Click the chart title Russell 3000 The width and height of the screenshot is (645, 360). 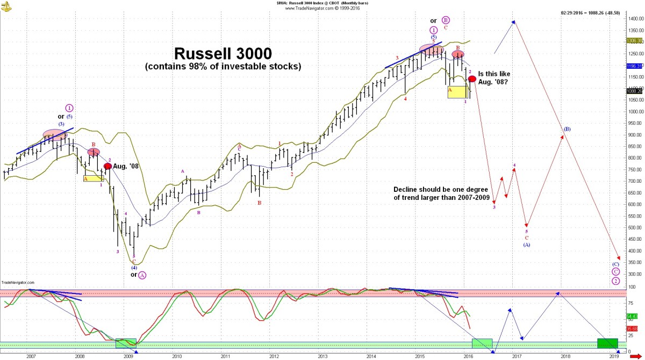(x=223, y=54)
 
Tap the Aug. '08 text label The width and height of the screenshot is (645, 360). (x=126, y=166)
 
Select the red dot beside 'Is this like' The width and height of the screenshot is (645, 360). (x=472, y=78)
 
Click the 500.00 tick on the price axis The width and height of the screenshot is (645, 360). (x=633, y=227)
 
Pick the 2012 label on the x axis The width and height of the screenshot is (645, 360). (x=274, y=356)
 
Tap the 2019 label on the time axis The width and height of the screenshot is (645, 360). (x=614, y=356)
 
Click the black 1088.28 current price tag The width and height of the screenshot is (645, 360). (x=634, y=91)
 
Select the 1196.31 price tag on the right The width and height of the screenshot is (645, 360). (x=634, y=66)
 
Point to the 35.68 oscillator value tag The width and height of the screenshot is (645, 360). (x=632, y=328)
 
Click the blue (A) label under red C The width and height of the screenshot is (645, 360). (x=527, y=244)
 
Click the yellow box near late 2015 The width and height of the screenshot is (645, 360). (x=457, y=92)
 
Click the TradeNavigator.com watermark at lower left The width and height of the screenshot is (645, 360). (x=17, y=282)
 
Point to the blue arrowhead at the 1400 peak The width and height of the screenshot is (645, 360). (x=514, y=22)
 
